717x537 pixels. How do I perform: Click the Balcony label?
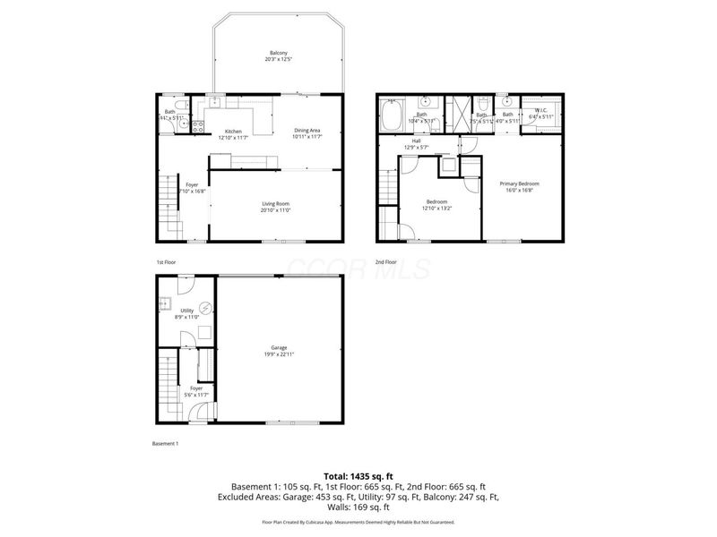pyautogui.click(x=278, y=53)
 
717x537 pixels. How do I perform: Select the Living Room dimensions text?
pyautogui.click(x=276, y=210)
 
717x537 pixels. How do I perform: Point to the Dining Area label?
pyautogui.click(x=307, y=131)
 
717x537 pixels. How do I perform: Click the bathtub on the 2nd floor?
pyautogui.click(x=392, y=118)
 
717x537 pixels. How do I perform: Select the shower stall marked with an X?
pyautogui.click(x=458, y=115)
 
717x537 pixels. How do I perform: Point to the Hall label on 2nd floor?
pyautogui.click(x=417, y=141)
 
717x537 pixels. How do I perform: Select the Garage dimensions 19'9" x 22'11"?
pyautogui.click(x=279, y=354)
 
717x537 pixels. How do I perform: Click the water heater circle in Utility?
pyautogui.click(x=205, y=308)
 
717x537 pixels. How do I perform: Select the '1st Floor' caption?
pyautogui.click(x=166, y=261)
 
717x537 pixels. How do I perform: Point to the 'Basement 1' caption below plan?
pyautogui.click(x=166, y=444)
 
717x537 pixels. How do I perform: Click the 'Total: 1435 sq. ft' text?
pyautogui.click(x=358, y=476)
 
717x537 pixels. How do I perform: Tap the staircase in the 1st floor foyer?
pyautogui.click(x=167, y=201)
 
